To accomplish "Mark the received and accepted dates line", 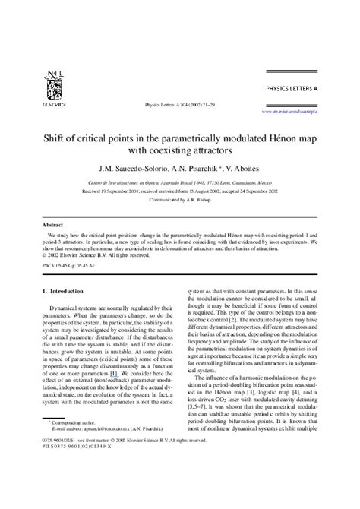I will (x=179, y=201).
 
